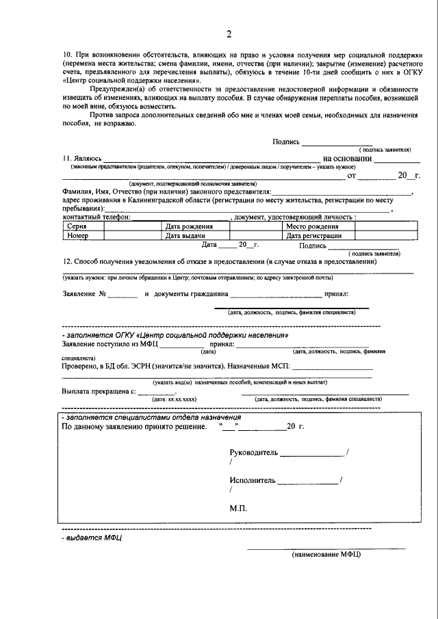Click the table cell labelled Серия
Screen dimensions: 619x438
75,226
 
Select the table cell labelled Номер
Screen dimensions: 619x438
77,235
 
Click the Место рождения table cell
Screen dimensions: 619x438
312,226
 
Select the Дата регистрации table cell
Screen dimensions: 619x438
314,235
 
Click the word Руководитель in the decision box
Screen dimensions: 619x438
254,453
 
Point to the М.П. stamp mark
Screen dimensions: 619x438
239,509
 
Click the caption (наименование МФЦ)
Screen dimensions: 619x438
326,554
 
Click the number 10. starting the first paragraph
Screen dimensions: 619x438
68,54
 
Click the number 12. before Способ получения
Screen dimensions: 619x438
67,262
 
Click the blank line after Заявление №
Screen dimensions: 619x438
123,295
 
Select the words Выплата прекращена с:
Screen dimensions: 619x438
99,391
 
